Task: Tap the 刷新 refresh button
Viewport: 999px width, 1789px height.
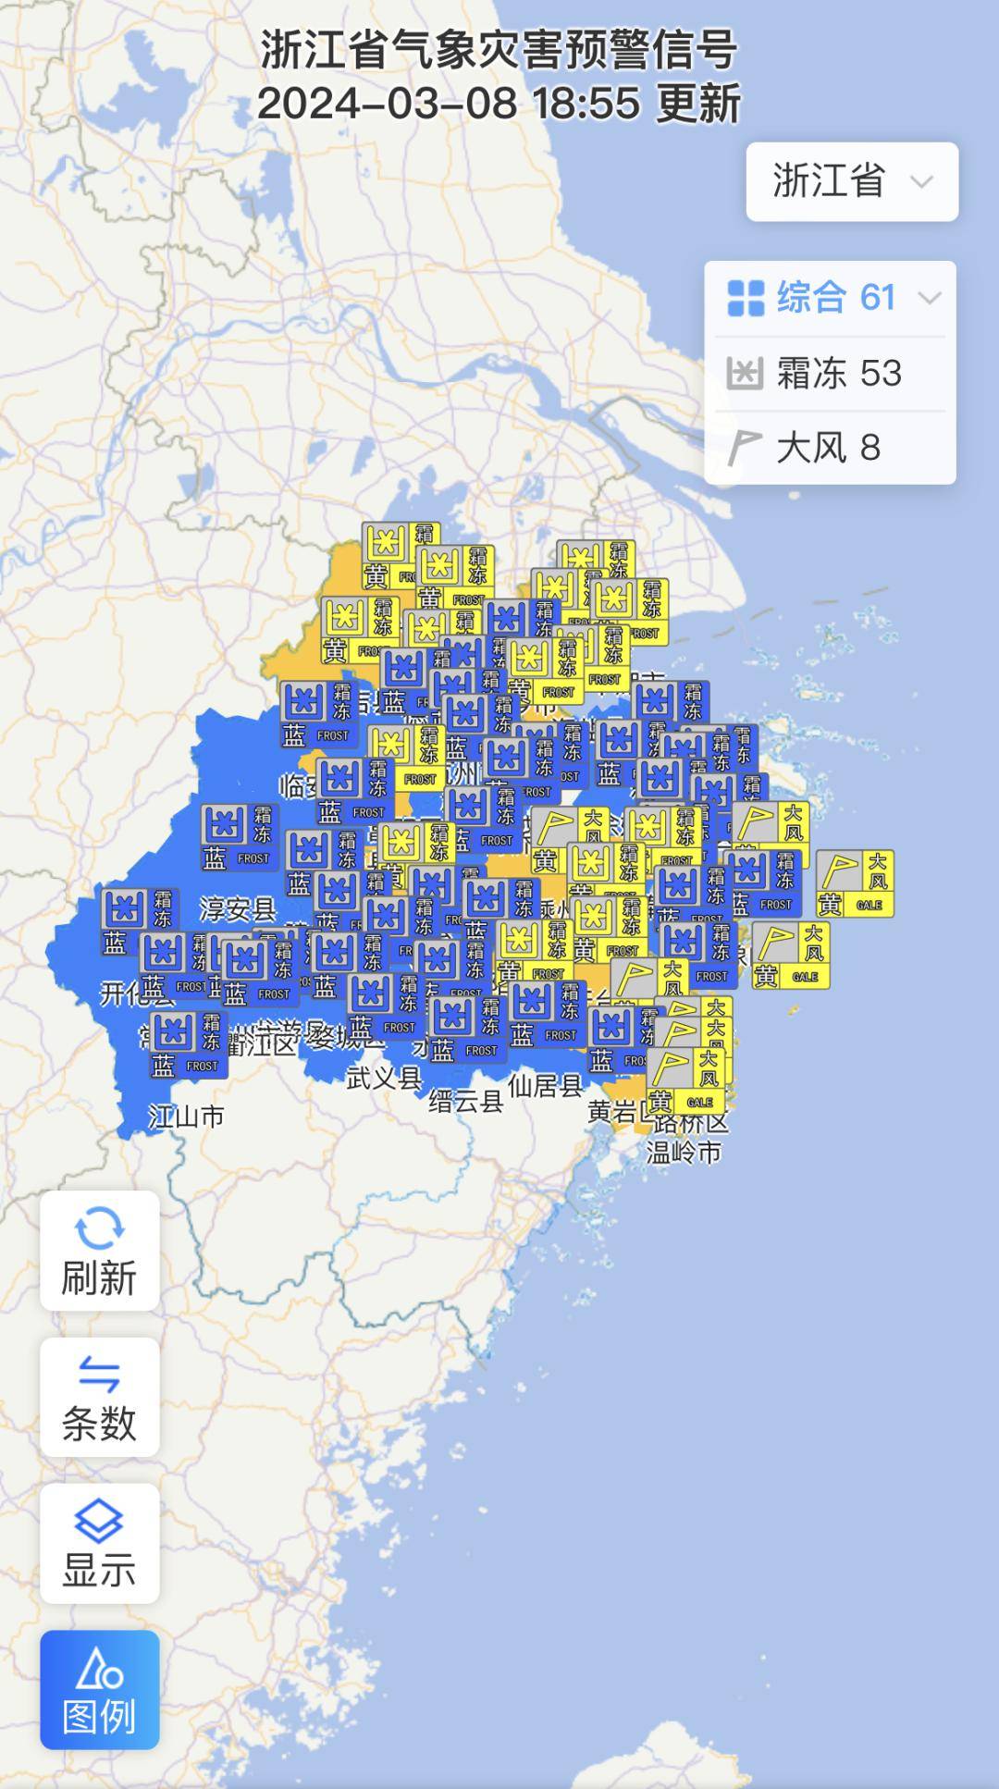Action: [x=99, y=1251]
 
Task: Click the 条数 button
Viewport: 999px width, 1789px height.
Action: [x=99, y=1397]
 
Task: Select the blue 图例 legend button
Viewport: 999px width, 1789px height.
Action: [x=99, y=1690]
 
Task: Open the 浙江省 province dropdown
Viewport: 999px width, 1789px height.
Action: [x=852, y=181]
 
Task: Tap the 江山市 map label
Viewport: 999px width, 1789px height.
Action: [x=186, y=1117]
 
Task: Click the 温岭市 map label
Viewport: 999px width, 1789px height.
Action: [x=684, y=1153]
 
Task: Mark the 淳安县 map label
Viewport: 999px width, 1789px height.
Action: [x=238, y=909]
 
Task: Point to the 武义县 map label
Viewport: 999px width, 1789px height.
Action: [x=384, y=1077]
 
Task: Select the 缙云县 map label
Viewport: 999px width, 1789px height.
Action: [x=466, y=1101]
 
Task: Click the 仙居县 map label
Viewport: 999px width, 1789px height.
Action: [x=546, y=1085]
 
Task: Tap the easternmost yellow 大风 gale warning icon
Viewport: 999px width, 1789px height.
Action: [x=855, y=883]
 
